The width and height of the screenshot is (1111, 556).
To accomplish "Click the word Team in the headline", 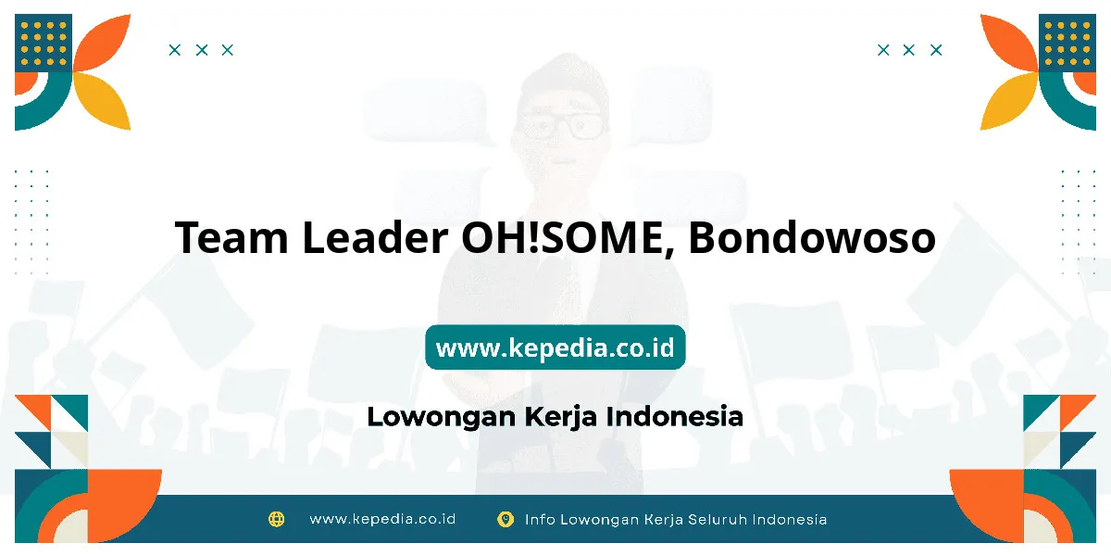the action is pyautogui.click(x=231, y=237).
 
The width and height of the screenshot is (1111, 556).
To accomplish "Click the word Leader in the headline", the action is pyautogui.click(x=375, y=237).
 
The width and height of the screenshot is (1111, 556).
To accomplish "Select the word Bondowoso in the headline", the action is pyautogui.click(x=812, y=237).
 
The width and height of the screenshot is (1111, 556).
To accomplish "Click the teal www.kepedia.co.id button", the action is pyautogui.click(x=555, y=347).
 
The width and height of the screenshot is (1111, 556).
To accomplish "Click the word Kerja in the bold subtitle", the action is pyautogui.click(x=560, y=417).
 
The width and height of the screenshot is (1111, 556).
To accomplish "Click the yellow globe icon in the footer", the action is pyautogui.click(x=276, y=519).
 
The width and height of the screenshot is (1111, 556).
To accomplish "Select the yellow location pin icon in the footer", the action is pyautogui.click(x=506, y=519).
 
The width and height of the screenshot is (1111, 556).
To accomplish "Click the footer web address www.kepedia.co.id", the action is pyautogui.click(x=382, y=519).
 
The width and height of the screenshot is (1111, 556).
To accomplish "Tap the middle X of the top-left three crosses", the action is pyautogui.click(x=202, y=50).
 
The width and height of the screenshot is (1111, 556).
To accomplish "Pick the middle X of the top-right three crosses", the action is pyautogui.click(x=908, y=50).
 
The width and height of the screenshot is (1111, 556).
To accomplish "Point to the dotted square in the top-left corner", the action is pyautogui.click(x=44, y=43).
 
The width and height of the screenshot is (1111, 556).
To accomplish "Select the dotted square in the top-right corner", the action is pyautogui.click(x=1067, y=43).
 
